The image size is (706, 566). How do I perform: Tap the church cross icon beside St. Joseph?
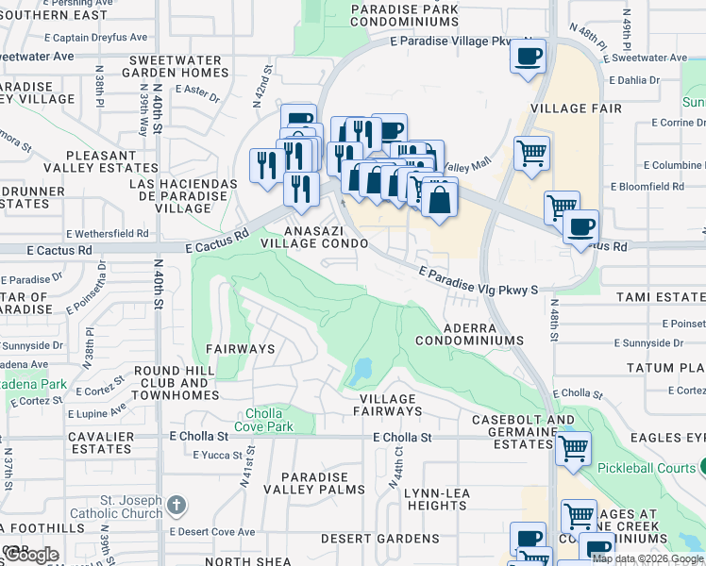tap(176, 506)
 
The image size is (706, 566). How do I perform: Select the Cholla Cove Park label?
tap(269, 420)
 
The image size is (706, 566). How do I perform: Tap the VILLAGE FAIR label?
tap(576, 108)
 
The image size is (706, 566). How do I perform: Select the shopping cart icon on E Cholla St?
tap(573, 448)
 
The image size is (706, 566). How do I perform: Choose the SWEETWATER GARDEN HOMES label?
tap(177, 67)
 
